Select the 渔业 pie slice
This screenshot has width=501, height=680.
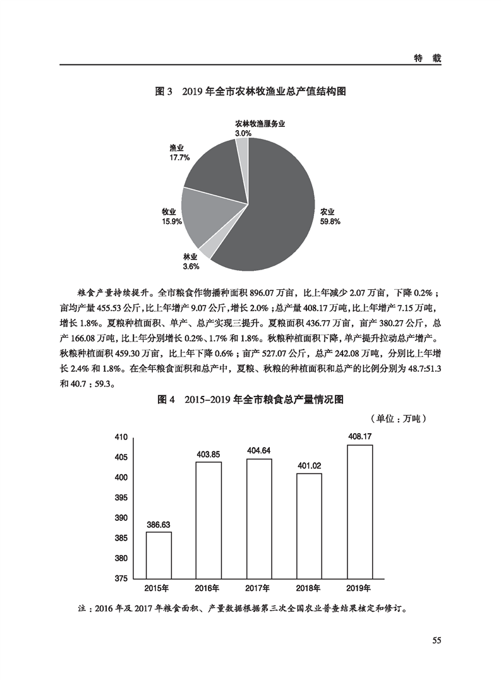[212, 170]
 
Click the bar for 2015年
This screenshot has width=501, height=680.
[158, 554]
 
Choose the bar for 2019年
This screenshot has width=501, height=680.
[359, 511]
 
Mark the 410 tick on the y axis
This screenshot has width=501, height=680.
[121, 437]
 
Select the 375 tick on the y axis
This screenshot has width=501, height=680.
[121, 578]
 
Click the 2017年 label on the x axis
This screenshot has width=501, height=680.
[259, 588]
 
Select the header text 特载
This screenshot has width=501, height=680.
[427, 57]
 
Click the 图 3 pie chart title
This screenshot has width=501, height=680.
[250, 92]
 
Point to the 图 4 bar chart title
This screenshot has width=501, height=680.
[250, 400]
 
